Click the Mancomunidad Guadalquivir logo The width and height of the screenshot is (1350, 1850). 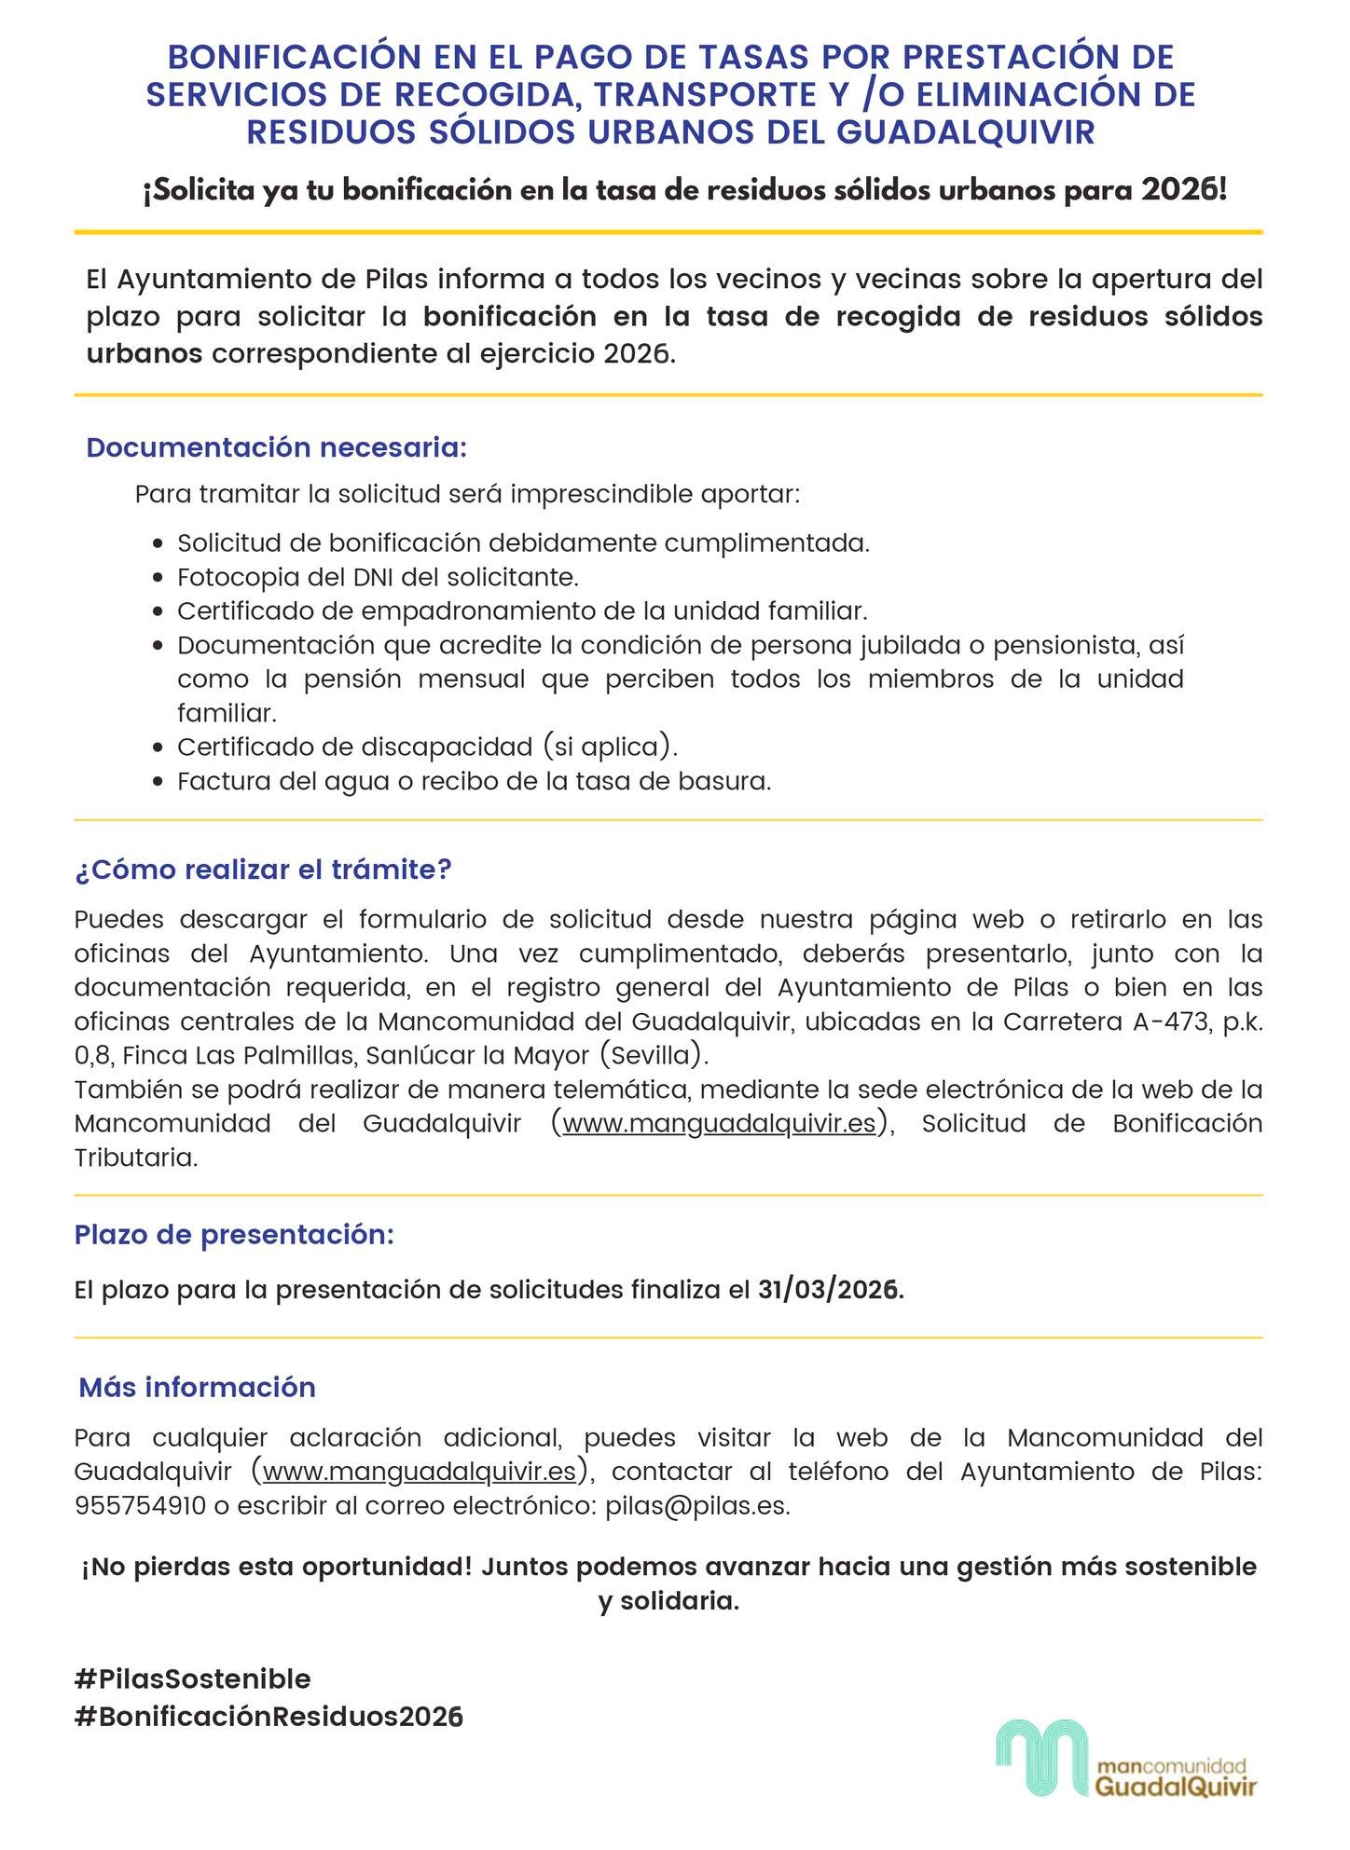[x=1126, y=1759]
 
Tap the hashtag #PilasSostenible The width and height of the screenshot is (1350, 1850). [x=192, y=1679]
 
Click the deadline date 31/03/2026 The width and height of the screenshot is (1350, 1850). [x=830, y=1290]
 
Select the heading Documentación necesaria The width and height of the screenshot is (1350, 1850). [x=276, y=447]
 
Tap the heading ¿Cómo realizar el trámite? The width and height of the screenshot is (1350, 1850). [x=263, y=870]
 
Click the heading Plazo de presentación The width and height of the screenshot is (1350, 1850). [x=234, y=1235]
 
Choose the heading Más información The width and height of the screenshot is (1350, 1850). [x=198, y=1387]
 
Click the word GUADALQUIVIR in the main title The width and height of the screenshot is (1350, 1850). [x=965, y=132]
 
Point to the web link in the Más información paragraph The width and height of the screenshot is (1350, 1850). [x=420, y=1472]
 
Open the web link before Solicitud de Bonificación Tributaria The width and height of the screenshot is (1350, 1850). [x=719, y=1124]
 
